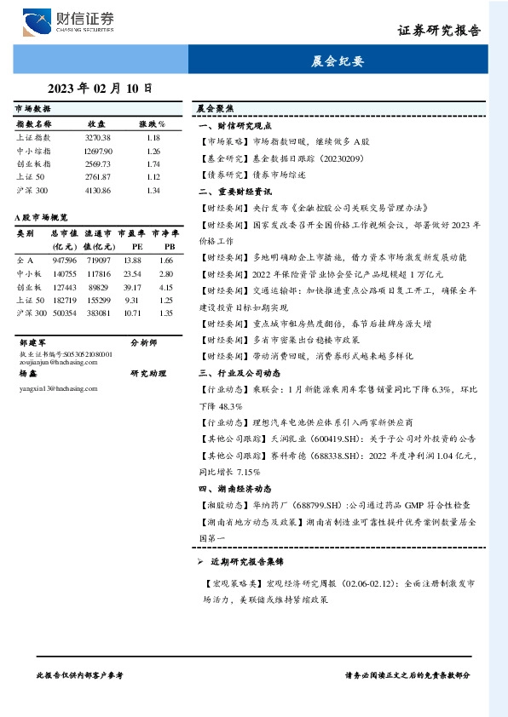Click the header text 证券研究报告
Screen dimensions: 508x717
[x=439, y=31]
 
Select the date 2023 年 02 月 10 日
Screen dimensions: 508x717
[x=100, y=88]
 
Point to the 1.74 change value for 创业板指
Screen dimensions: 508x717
[x=153, y=163]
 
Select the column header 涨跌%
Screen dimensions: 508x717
[x=153, y=123]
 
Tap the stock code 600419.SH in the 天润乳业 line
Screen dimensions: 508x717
[x=320, y=439]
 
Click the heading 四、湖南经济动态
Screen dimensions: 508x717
[x=235, y=488]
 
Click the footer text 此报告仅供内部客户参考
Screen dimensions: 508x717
[x=81, y=674]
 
